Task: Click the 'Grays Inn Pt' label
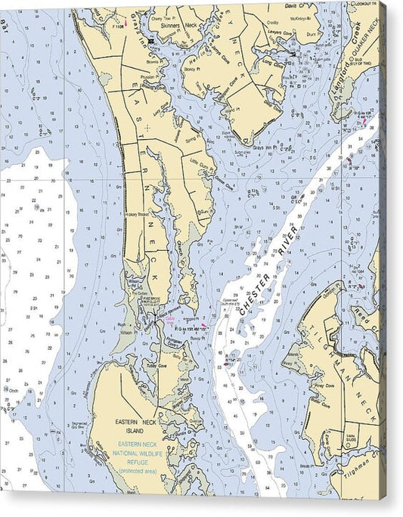pyautogui.click(x=266, y=145)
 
